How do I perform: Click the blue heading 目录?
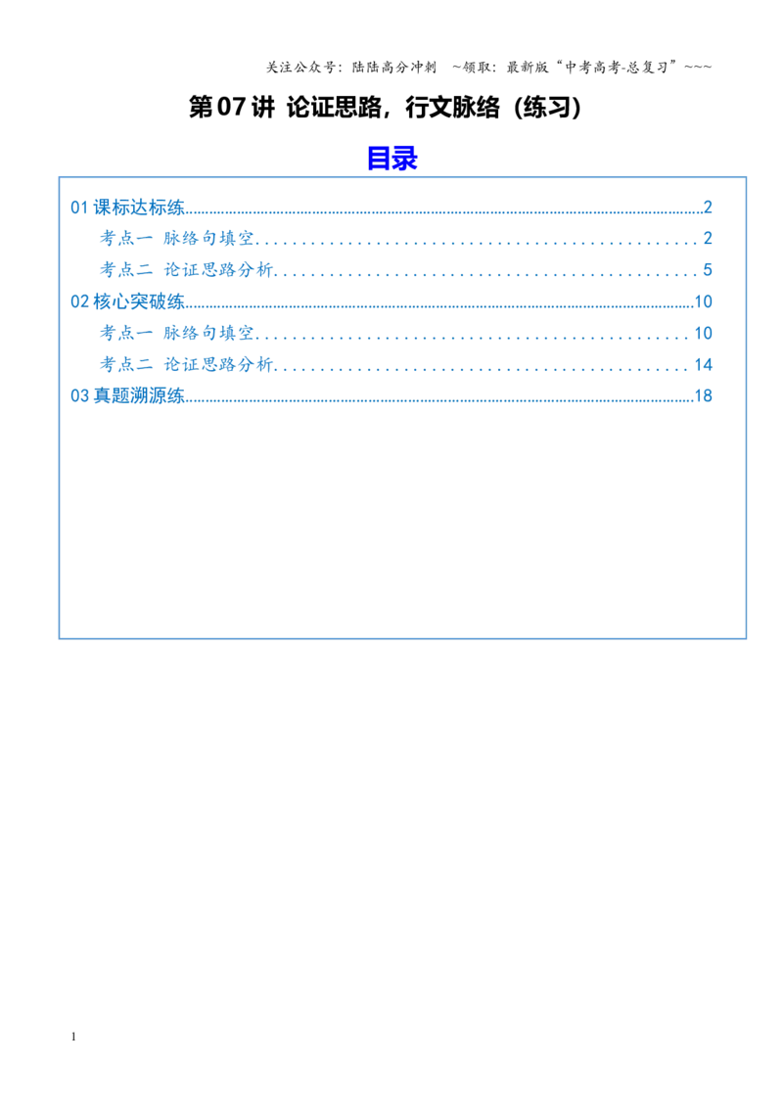pos(392,158)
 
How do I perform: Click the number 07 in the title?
pos(231,108)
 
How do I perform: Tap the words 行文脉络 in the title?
pos(452,108)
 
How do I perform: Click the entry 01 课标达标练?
pos(127,208)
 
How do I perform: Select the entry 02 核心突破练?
pos(127,301)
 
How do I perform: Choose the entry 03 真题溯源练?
pos(127,395)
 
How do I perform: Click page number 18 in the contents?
pos(703,395)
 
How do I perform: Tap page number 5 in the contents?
pos(708,270)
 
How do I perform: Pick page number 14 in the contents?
pos(703,365)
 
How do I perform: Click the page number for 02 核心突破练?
pos(703,301)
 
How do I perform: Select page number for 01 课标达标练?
pos(708,208)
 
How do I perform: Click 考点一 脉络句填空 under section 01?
pos(177,238)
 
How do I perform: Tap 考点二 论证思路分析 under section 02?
pos(186,365)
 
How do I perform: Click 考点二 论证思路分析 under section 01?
pos(186,270)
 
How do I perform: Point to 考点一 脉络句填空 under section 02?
pos(177,333)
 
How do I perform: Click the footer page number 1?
pos(73,1037)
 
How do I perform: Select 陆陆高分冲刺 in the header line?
pos(394,68)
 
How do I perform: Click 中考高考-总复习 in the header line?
pos(617,68)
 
